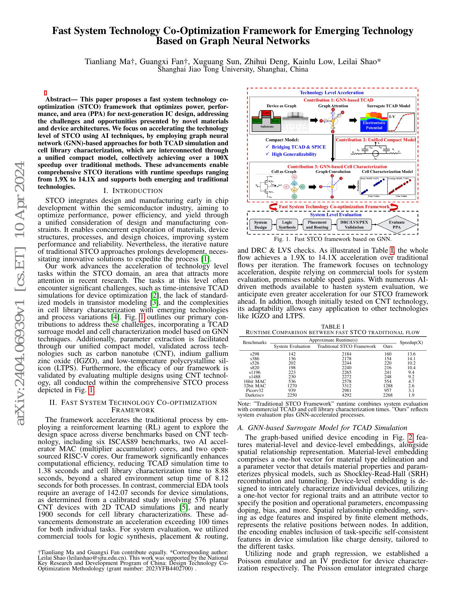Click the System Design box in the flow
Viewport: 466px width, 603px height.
260,225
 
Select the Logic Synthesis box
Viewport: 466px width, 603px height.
287,225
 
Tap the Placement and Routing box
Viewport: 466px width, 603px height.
317,225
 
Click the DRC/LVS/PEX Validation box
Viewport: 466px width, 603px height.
354,225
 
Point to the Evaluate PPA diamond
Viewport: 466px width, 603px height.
396,225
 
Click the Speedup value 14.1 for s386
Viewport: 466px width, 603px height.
411,359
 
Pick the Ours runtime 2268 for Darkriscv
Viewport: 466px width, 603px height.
388,395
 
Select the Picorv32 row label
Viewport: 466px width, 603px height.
255,390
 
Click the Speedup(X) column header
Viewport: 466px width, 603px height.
411,343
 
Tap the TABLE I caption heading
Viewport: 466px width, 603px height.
333,327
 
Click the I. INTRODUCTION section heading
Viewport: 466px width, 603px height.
133,191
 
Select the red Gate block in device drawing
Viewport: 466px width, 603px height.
266,113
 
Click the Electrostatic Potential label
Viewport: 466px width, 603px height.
374,125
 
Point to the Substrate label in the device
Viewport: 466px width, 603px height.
267,127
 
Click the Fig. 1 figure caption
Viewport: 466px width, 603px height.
333,239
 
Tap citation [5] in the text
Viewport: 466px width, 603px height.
183,507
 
